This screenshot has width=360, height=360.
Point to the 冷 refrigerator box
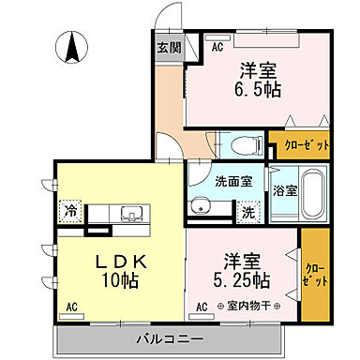point(71,212)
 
